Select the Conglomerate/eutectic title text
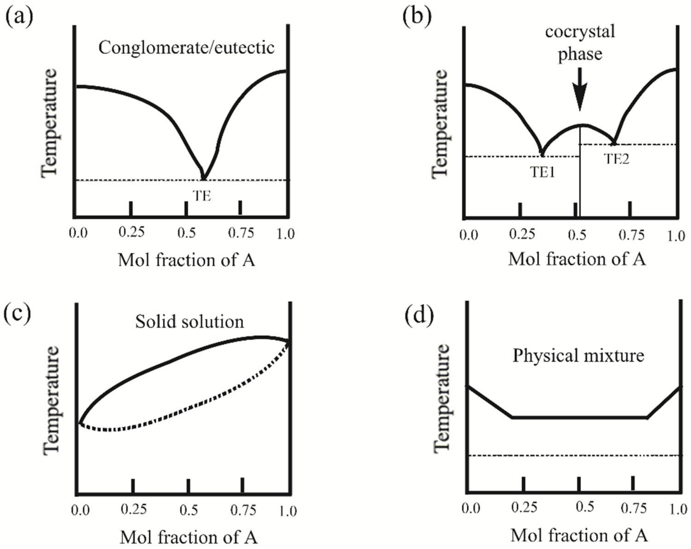(x=186, y=48)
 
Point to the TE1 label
(x=542, y=173)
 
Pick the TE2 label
(x=616, y=159)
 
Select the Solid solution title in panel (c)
(x=190, y=321)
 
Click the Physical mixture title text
(x=578, y=356)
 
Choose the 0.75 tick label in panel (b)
(x=632, y=235)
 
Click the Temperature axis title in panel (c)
(x=51, y=400)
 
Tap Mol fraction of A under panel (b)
(x=577, y=259)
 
